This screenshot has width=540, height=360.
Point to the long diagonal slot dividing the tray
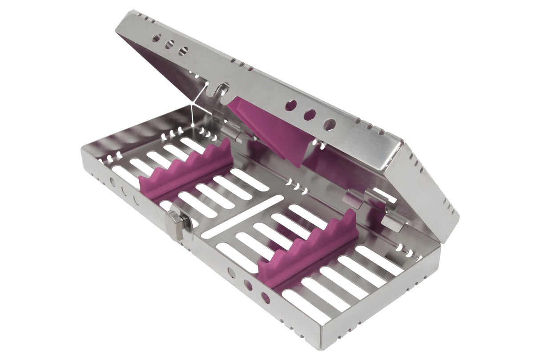point(242,216)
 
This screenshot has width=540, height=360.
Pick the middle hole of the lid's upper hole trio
point(169,44)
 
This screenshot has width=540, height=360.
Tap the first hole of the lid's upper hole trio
point(156,38)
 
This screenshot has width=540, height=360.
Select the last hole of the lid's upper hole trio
point(183,51)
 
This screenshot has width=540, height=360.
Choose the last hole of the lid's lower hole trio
point(329,125)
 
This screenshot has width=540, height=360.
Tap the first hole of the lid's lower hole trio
point(291,105)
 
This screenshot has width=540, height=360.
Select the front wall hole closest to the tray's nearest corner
point(266,298)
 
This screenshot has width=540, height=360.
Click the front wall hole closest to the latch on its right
point(231,272)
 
